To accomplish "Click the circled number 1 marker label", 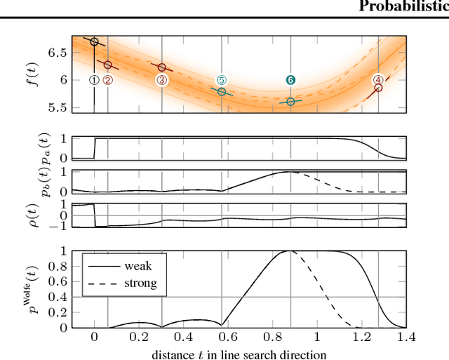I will (94, 80).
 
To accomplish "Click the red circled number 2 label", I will (107, 80).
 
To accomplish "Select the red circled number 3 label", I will (162, 80).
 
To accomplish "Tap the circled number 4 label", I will (378, 80).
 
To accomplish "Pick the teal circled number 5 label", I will (222, 80).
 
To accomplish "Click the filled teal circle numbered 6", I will (290, 80).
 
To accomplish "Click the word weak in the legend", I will (138, 266).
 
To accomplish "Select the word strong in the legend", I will (140, 284).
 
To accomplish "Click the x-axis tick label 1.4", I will (405, 337).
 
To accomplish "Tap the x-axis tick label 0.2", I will (138, 337).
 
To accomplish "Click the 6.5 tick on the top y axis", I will (59, 53).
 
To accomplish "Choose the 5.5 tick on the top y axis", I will (59, 107).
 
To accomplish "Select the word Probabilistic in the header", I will (403, 6).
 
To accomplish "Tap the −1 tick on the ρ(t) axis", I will (62, 227).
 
